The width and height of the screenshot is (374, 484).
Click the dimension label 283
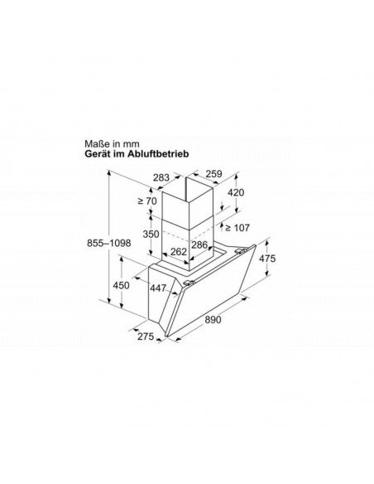(161, 177)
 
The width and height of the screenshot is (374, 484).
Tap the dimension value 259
(213, 174)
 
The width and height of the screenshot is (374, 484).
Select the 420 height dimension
(236, 192)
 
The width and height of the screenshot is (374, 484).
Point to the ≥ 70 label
(147, 201)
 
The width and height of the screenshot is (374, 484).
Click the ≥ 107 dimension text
(237, 228)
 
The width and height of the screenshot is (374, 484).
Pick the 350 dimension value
(151, 234)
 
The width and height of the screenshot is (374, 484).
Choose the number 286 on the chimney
(199, 244)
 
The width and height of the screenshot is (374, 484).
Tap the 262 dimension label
(179, 252)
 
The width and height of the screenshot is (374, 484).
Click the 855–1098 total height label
(108, 243)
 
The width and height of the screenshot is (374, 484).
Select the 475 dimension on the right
(267, 258)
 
